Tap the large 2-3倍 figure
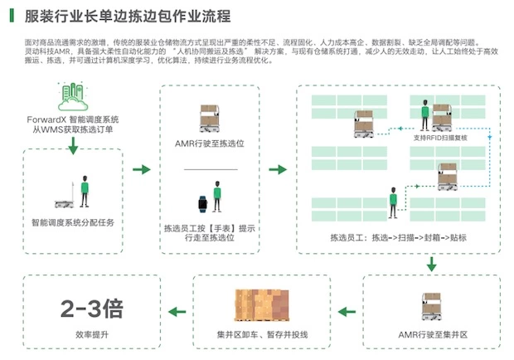point(92,310)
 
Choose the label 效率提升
point(92,335)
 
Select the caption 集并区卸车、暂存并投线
point(262,335)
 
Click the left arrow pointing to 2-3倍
point(177,312)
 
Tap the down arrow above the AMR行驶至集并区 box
point(431,264)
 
